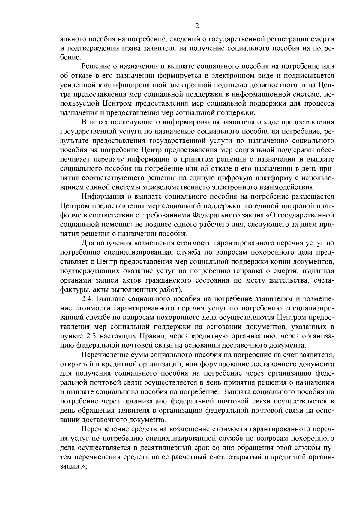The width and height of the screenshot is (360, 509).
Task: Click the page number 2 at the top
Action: (x=197, y=26)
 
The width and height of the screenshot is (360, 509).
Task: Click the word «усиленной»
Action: (x=76, y=85)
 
